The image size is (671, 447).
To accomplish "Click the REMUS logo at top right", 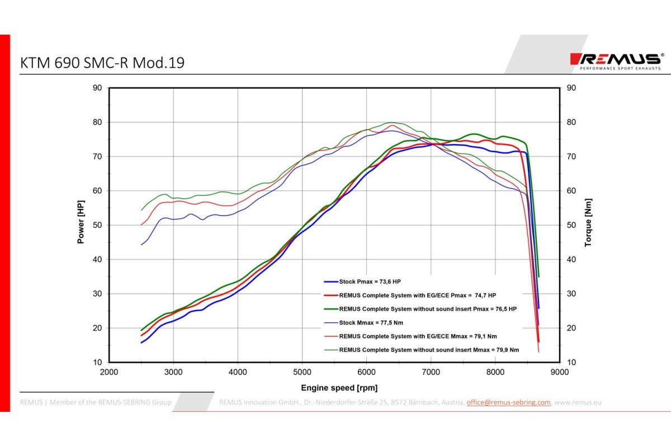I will (616, 60).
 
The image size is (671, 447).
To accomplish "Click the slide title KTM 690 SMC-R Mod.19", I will (102, 63).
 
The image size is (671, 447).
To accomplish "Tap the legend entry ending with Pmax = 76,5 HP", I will (428, 308).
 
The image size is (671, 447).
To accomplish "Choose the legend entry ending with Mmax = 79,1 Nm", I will (418, 336).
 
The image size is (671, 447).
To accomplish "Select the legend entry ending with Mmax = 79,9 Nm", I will (429, 350).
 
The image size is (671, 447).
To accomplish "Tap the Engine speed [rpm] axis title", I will (339, 388).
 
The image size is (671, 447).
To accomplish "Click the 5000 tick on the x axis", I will (302, 372).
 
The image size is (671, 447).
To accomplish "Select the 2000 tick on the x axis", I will (109, 372).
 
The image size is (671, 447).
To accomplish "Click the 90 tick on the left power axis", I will (97, 88).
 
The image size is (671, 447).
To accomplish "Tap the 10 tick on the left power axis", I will (97, 362).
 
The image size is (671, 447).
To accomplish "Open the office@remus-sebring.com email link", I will (508, 402).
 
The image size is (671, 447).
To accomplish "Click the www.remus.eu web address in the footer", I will (578, 402).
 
